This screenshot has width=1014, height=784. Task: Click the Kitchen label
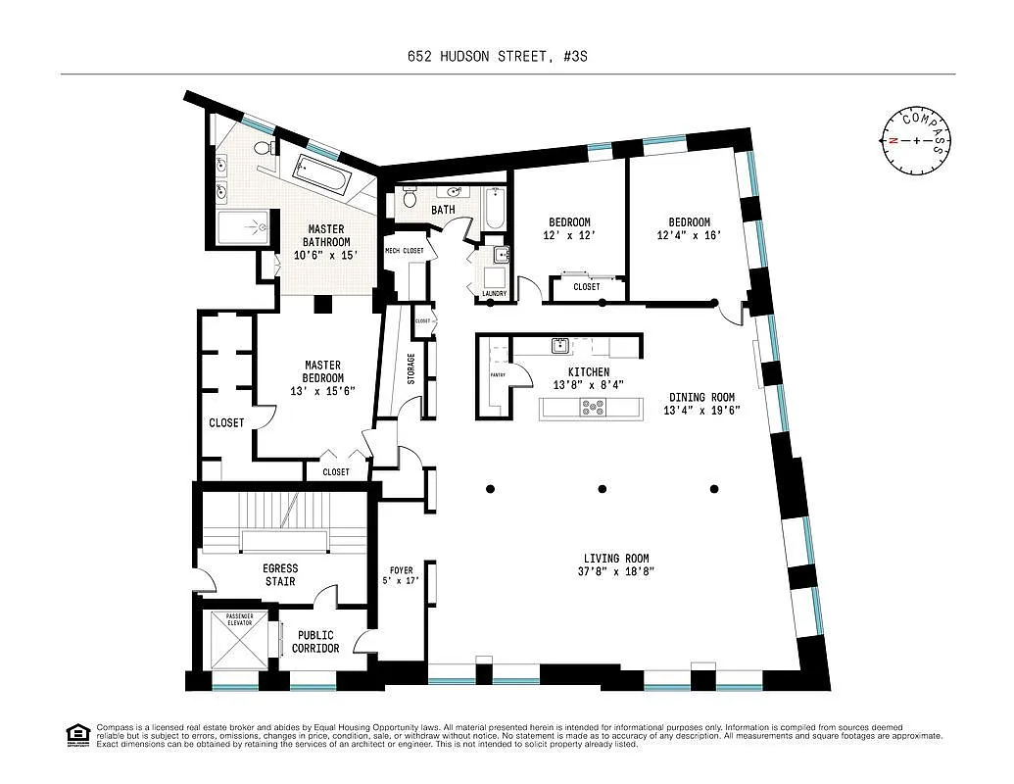[589, 372]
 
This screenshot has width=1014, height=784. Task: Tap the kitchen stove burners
[593, 408]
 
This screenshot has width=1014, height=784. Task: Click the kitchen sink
[560, 345]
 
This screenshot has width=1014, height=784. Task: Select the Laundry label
[494, 294]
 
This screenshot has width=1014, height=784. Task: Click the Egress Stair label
[280, 574]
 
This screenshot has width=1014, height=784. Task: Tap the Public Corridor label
[315, 642]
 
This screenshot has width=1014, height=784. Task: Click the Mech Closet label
[405, 251]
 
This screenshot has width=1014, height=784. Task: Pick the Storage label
[410, 367]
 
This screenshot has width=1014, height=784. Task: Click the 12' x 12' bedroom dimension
[568, 236]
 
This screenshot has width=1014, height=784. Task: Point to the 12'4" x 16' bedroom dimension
[690, 235]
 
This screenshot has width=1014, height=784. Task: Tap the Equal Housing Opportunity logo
[76, 734]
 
